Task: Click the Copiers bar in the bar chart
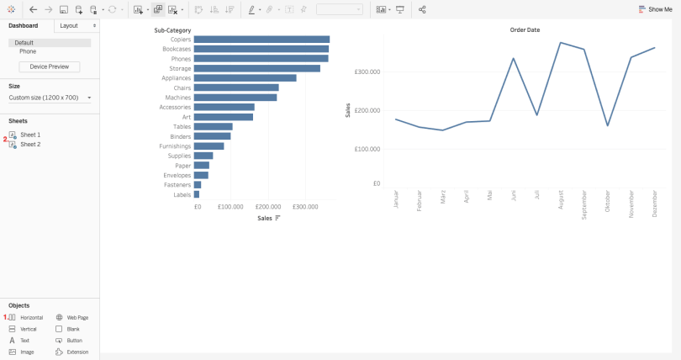[261, 40]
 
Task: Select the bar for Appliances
[245, 78]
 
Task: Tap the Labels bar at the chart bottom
[197, 194]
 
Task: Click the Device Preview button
[49, 66]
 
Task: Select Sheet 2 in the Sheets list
[30, 144]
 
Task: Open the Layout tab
[69, 25]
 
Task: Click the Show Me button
[656, 9]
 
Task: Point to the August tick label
[561, 199]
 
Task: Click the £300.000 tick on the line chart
[367, 71]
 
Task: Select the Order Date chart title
[525, 30]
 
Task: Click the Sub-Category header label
[172, 30]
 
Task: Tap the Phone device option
[28, 51]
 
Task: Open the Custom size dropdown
[50, 98]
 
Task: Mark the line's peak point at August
[561, 43]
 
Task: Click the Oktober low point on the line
[608, 126]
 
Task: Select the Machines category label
[177, 98]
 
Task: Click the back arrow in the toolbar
[33, 9]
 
